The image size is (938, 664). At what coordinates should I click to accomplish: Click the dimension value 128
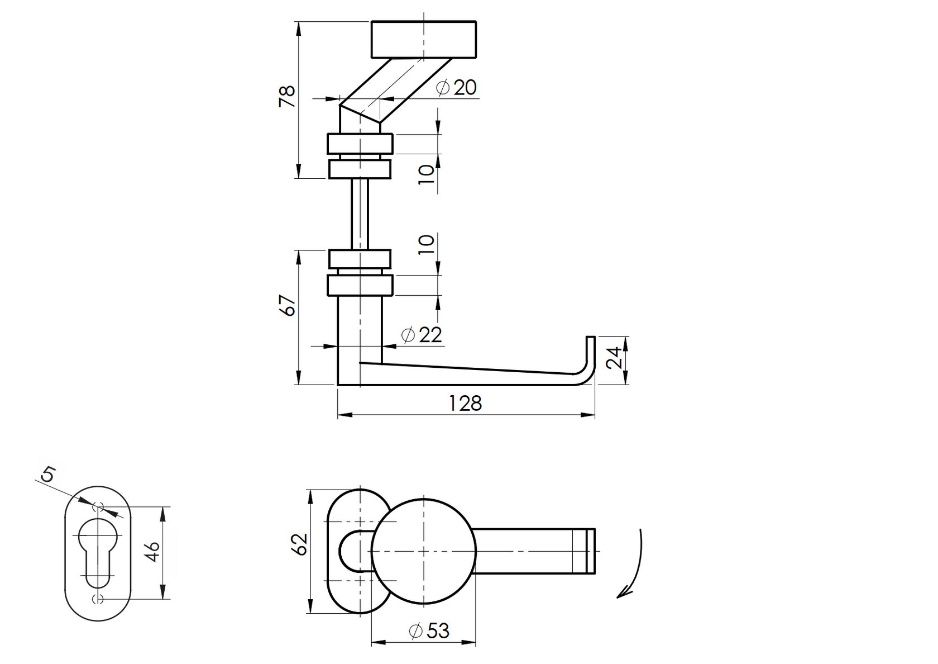465,403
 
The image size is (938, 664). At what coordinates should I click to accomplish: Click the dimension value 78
287,97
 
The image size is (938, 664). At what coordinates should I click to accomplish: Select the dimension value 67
289,305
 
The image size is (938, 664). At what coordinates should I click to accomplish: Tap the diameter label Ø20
457,88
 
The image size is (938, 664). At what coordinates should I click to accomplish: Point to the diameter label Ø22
422,335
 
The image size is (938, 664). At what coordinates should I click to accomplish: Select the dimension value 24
614,358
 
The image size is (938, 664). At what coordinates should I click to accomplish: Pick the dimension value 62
300,544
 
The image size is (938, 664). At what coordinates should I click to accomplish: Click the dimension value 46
155,552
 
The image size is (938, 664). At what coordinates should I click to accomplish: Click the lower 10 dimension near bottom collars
426,244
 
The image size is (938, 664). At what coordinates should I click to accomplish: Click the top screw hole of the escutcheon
98,507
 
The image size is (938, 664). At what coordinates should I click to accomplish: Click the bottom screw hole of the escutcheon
98,599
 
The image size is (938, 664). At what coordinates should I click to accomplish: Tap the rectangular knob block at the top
423,39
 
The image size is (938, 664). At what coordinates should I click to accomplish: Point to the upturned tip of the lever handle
590,349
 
